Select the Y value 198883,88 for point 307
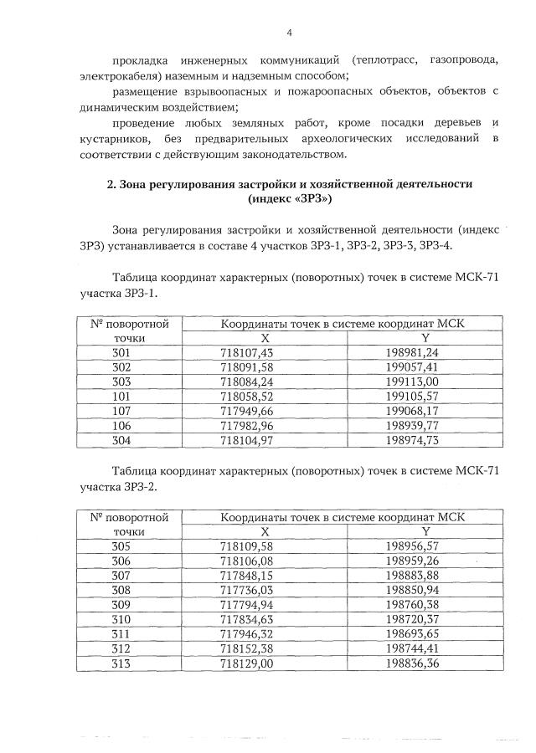(x=425, y=575)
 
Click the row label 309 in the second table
(x=121, y=604)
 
